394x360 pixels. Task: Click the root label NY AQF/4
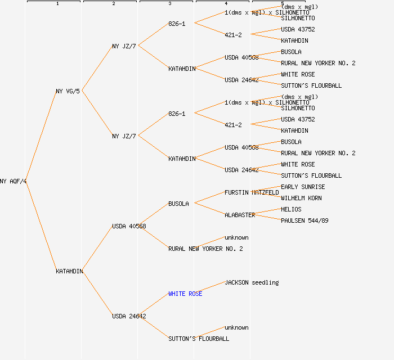click(x=14, y=181)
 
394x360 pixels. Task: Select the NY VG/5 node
click(x=68, y=91)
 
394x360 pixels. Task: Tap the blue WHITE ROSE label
click(x=185, y=294)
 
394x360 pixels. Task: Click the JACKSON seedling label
click(x=252, y=282)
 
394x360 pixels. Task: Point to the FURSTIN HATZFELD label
click(x=252, y=192)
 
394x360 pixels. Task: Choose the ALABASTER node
click(x=240, y=215)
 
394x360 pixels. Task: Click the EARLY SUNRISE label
click(x=303, y=187)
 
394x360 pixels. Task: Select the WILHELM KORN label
click(x=301, y=198)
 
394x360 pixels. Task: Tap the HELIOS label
click(x=291, y=209)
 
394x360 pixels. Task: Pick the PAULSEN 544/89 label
click(x=305, y=220)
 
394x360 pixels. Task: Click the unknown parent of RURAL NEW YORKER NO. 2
click(x=236, y=237)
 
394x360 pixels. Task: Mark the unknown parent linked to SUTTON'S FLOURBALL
click(x=236, y=327)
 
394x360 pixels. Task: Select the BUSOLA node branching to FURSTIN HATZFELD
click(x=178, y=204)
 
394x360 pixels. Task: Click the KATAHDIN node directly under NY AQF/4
click(x=69, y=271)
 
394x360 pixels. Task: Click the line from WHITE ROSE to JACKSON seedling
click(x=213, y=288)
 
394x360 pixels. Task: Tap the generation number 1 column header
click(x=57, y=4)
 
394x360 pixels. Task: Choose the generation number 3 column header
click(x=169, y=4)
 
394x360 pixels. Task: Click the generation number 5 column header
click(x=282, y=3)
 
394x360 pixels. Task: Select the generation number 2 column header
click(x=113, y=4)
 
